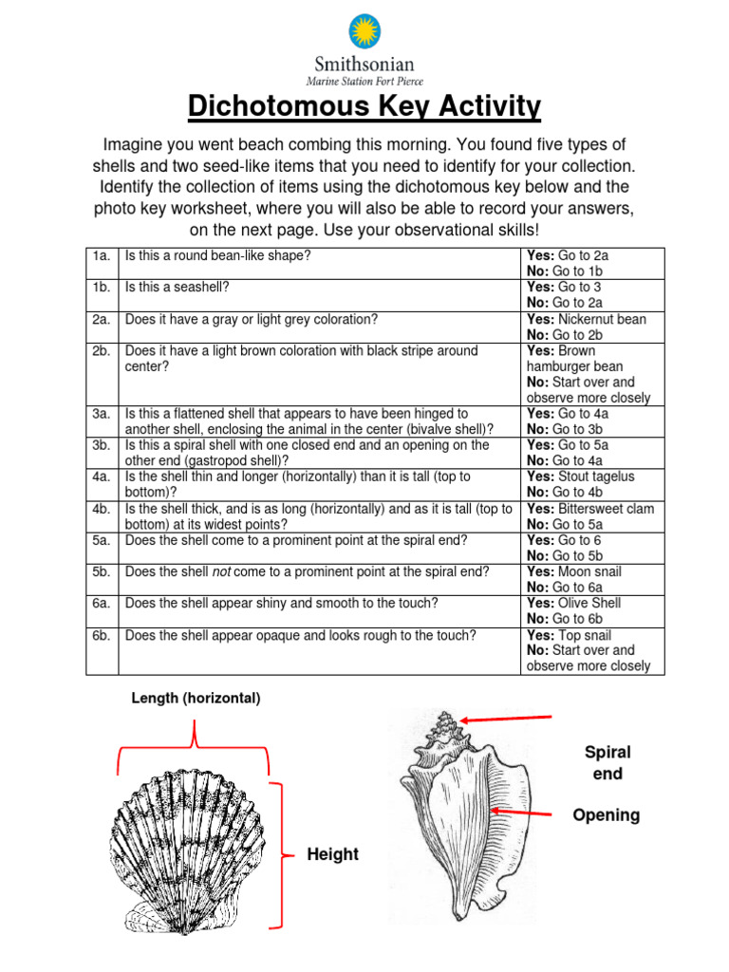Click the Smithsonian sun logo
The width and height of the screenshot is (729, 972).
[364, 31]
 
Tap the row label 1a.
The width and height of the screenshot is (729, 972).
[102, 256]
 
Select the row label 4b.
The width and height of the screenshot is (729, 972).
[102, 509]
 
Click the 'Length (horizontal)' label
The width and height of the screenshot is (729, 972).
[196, 698]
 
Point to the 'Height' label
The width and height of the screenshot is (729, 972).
[332, 854]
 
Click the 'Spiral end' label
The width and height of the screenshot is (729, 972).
[607, 762]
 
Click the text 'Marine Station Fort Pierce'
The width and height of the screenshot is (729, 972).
[364, 80]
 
